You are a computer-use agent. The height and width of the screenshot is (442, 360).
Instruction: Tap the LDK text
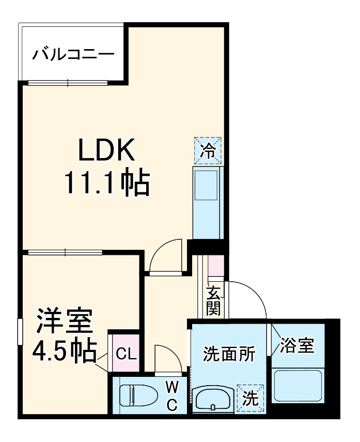coord(106,150)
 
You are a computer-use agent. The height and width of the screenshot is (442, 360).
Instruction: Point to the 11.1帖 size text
coord(106,182)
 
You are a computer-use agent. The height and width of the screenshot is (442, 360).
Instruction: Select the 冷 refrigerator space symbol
coord(208,150)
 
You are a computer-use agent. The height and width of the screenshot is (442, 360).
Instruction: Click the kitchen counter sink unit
coord(208,202)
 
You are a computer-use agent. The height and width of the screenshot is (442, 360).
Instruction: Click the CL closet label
coord(126,354)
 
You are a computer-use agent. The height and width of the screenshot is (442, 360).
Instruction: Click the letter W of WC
coord(172,386)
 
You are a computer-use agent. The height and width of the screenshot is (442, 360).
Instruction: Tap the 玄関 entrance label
coord(214,302)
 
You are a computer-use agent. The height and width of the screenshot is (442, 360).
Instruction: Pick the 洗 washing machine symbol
coord(250,399)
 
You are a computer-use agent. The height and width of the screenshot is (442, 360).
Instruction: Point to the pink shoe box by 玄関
coord(215,267)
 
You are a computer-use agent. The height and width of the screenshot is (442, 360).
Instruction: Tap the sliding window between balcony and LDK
coord(68,83)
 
